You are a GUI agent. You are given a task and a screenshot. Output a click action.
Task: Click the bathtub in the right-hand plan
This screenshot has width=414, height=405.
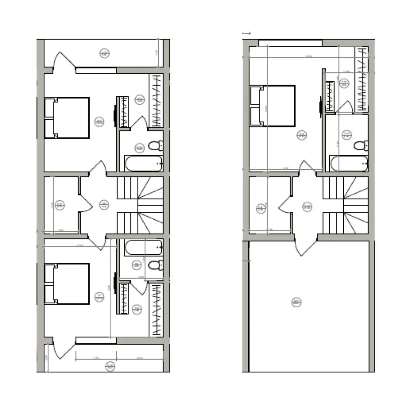(349, 163)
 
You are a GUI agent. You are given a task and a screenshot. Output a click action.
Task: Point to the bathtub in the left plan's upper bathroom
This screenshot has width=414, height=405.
(144, 163)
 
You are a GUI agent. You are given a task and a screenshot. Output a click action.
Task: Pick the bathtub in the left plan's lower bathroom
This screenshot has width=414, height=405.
(144, 247)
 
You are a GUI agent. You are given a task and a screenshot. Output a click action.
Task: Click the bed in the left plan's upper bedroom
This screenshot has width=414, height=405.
(67, 117)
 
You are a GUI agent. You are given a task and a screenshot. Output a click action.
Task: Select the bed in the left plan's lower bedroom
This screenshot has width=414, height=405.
(67, 283)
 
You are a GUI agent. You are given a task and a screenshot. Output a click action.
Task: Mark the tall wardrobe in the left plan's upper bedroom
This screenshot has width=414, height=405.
(156, 100)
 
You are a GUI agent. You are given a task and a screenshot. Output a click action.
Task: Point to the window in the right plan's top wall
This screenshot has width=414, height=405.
(290, 43)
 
